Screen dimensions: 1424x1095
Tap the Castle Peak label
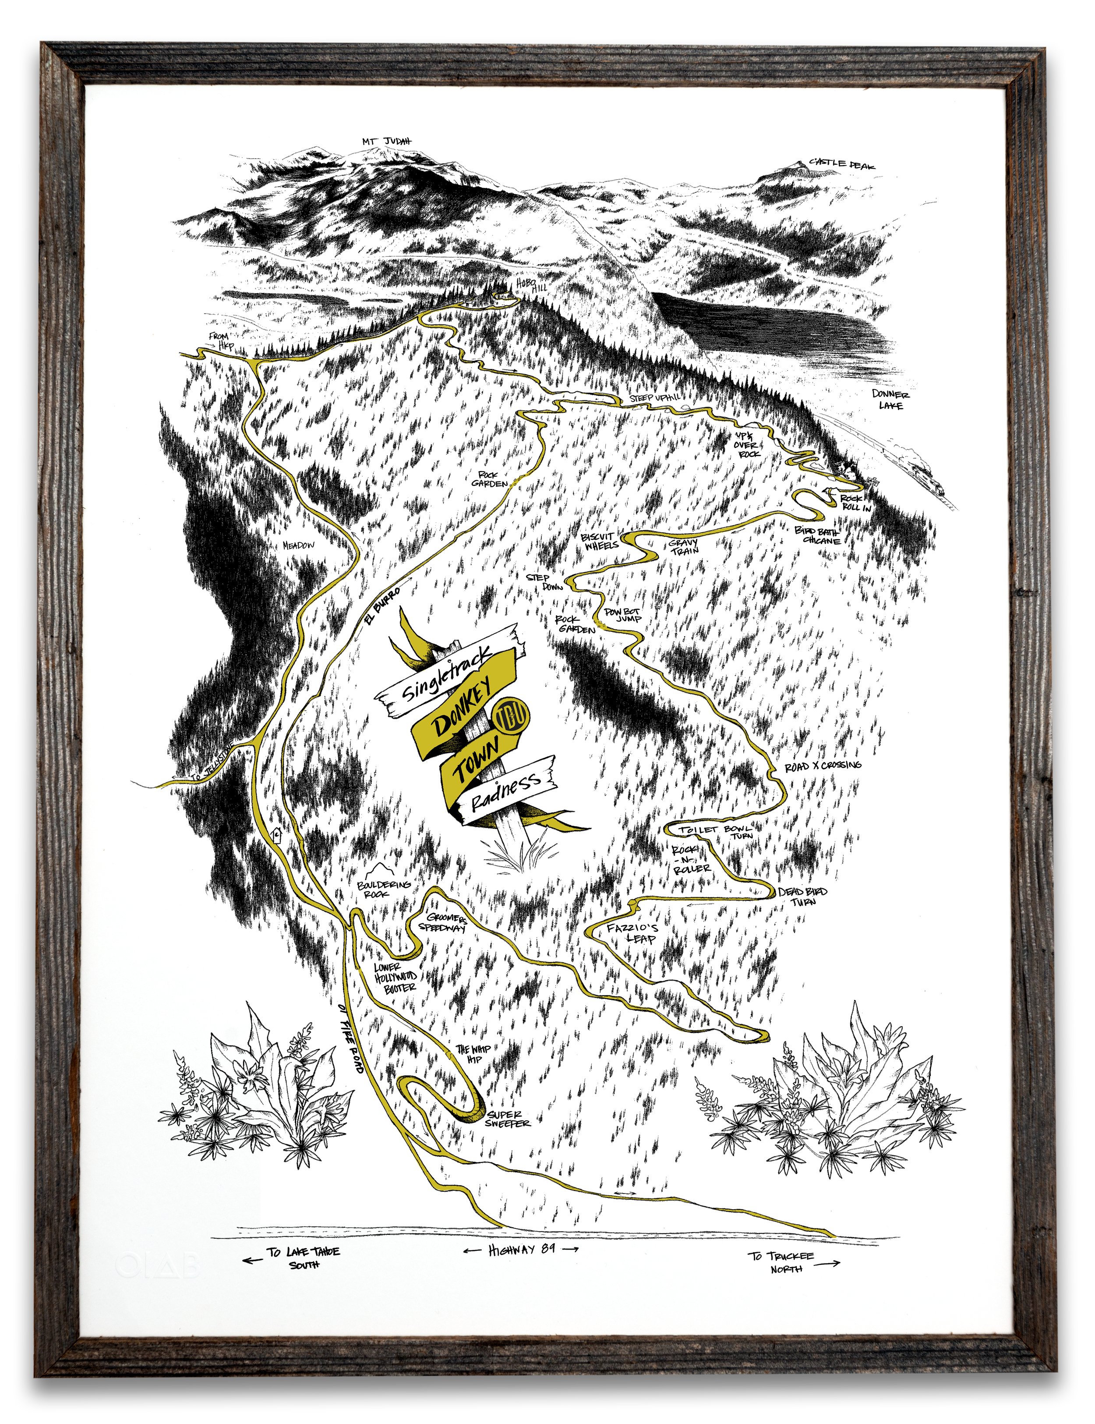[x=842, y=164]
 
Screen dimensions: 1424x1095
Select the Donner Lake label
[x=890, y=400]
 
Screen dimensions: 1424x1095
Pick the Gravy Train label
[x=684, y=546]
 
